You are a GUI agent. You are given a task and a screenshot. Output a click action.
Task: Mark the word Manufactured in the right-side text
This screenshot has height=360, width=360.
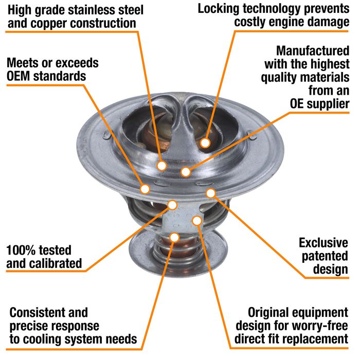(x=312, y=51)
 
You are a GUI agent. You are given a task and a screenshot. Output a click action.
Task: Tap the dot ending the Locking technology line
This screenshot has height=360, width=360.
(x=205, y=143)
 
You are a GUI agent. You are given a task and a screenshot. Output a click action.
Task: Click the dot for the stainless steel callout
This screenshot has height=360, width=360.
(x=161, y=166)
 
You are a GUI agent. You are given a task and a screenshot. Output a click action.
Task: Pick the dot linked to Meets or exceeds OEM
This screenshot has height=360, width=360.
(x=146, y=188)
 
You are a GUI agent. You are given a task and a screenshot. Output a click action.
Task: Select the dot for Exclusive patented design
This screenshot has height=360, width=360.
(x=210, y=193)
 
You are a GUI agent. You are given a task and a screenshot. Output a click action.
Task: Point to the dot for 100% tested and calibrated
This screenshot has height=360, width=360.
(x=173, y=205)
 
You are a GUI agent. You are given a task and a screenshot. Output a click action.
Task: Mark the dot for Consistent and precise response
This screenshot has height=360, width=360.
(x=174, y=237)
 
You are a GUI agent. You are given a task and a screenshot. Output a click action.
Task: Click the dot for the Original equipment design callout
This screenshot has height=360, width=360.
(x=196, y=221)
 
